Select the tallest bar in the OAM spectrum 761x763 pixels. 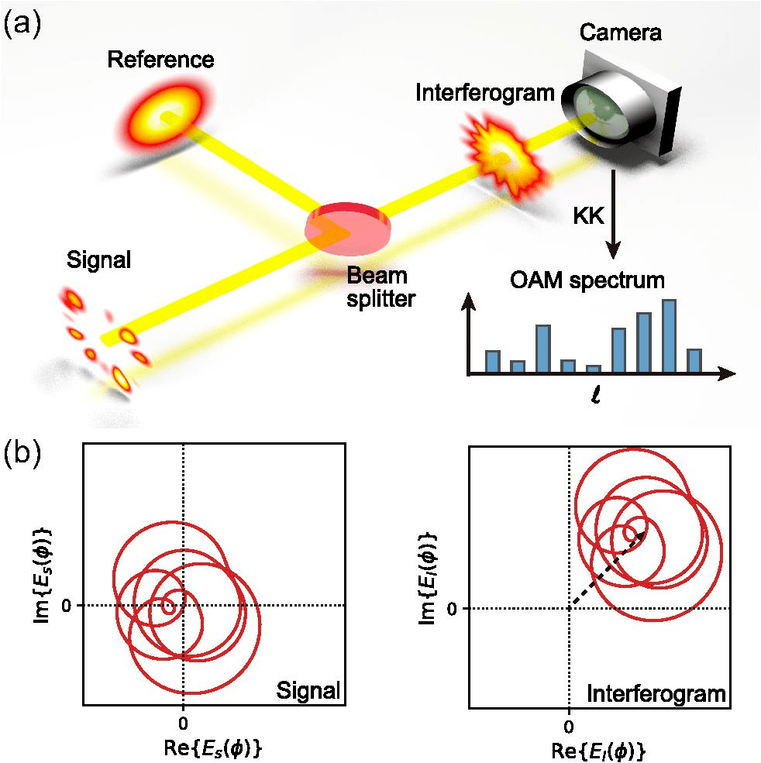tap(670, 335)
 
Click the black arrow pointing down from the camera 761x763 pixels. tap(613, 217)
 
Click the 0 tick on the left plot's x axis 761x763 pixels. tap(183, 722)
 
